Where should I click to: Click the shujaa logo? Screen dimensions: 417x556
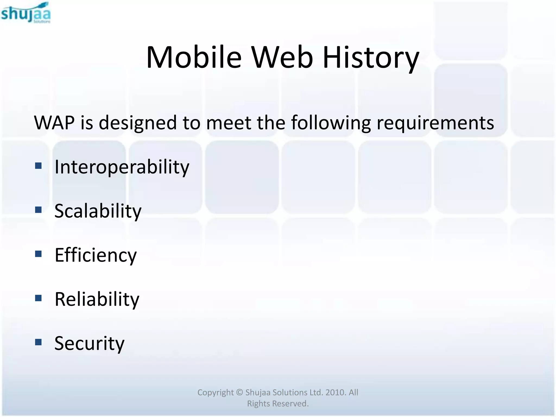tap(26, 13)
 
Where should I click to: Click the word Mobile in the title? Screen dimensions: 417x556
tap(194, 58)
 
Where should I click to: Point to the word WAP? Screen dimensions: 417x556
tap(54, 123)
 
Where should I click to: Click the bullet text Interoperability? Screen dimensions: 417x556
tap(122, 167)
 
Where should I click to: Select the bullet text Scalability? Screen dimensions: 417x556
tap(98, 211)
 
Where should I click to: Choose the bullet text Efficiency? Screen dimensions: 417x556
tap(96, 255)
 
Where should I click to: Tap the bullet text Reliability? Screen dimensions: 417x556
tap(97, 299)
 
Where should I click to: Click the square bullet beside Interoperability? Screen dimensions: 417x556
tap(38, 166)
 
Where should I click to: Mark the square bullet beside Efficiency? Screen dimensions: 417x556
tap(38, 254)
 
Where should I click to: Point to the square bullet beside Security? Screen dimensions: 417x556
tap(38, 342)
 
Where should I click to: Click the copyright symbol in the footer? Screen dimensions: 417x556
tap(239, 392)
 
